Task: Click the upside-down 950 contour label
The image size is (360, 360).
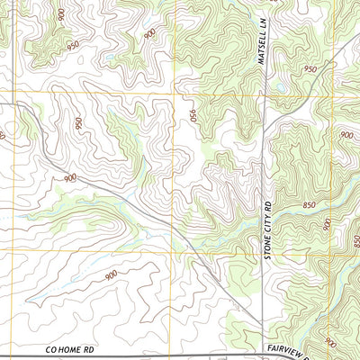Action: pyautogui.click(x=193, y=116)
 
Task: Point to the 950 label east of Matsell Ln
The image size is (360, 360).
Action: pyautogui.click(x=310, y=69)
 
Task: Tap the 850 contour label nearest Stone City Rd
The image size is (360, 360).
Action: pyautogui.click(x=310, y=205)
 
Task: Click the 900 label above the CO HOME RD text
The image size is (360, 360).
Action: pyautogui.click(x=111, y=276)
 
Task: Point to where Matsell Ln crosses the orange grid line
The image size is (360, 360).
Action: pyautogui.click(x=262, y=92)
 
